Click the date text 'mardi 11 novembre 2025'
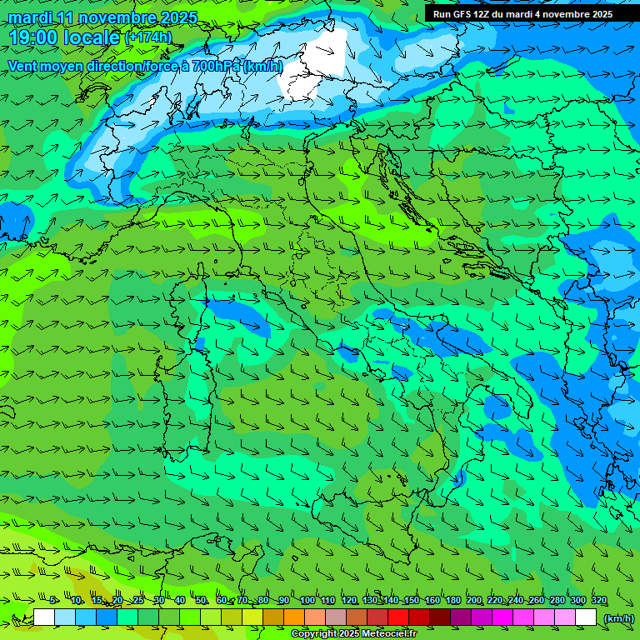point(102,17)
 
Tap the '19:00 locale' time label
point(65,37)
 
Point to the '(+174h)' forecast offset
point(147,37)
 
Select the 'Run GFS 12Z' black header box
point(522,14)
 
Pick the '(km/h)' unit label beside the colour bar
point(618,618)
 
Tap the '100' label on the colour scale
point(307,601)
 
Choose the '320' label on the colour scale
point(598,601)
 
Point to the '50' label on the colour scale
point(201,601)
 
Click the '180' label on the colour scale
point(452,601)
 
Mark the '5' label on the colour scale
point(53,601)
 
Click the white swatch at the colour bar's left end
point(44,617)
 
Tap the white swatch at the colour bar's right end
point(586,617)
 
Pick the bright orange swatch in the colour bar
point(294,617)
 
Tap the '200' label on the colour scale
point(473,601)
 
